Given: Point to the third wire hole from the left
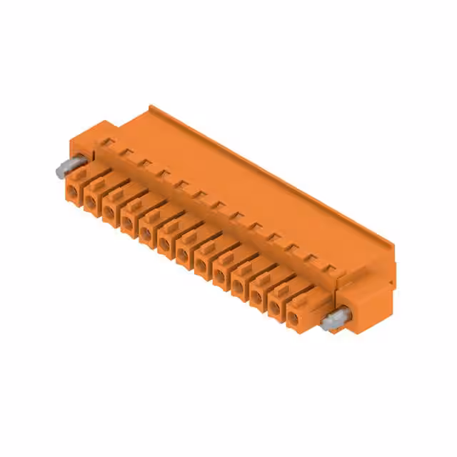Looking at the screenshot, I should (x=109, y=211).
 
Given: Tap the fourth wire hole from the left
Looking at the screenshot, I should (x=128, y=222).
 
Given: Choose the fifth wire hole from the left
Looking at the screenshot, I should (x=146, y=233).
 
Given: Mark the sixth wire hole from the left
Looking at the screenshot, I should (x=164, y=243).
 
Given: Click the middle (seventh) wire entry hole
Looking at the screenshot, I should (x=183, y=254).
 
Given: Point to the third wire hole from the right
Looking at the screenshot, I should (x=256, y=297).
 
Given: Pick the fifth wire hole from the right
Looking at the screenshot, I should (x=219, y=276).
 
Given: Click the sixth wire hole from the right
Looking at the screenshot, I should (x=201, y=265).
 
